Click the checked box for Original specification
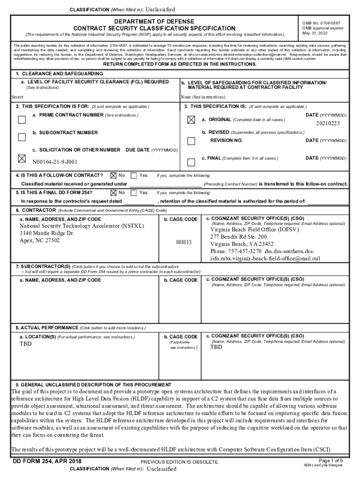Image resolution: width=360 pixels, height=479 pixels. pyautogui.click(x=191, y=120)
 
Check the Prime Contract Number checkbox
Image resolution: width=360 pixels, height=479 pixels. pyautogui.click(x=22, y=119)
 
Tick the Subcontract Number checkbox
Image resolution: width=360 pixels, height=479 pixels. pyautogui.click(x=22, y=137)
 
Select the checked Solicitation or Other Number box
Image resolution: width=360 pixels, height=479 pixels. pyautogui.click(x=22, y=159)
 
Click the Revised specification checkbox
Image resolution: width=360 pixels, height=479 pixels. pyautogui.click(x=191, y=141)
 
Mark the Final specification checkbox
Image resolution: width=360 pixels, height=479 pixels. pyautogui.click(x=191, y=162)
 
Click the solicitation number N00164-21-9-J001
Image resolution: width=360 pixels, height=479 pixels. pyautogui.click(x=55, y=162)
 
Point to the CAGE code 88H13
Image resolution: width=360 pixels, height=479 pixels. pyautogui.click(x=184, y=242)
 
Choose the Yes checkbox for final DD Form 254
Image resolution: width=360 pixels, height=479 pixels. pyautogui.click(x=134, y=192)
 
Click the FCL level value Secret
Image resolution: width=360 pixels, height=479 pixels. pyautogui.click(x=17, y=97)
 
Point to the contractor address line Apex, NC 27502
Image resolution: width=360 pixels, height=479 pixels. pyautogui.click(x=40, y=240)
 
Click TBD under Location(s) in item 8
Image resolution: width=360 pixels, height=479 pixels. pyautogui.click(x=26, y=344)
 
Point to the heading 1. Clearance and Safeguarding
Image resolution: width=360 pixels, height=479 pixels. pyautogui.click(x=59, y=74)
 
